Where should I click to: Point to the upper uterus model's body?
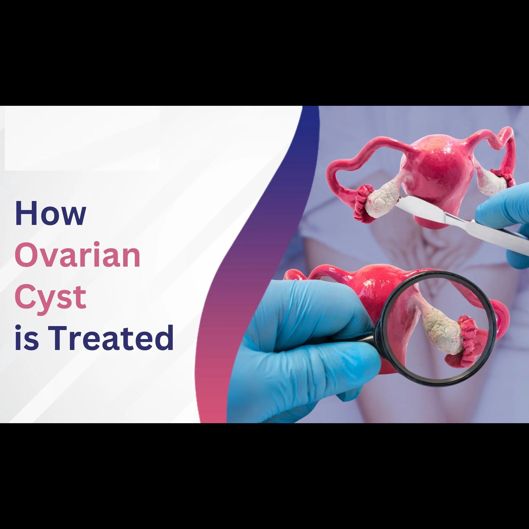click(x=438, y=175)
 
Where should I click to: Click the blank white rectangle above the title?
click(x=82, y=138)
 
